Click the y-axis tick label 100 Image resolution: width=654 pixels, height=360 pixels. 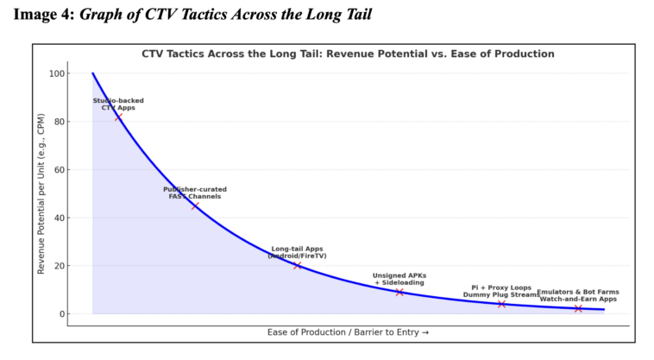coord(56,73)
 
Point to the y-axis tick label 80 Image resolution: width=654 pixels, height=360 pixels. coord(59,122)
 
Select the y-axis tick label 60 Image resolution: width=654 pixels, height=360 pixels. coord(59,169)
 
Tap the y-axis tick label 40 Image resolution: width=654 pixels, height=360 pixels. coord(59,218)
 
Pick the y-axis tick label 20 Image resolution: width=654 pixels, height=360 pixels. coord(59,266)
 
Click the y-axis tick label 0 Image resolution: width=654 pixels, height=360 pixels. coord(61,313)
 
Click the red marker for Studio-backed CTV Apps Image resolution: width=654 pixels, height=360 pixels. coord(119,117)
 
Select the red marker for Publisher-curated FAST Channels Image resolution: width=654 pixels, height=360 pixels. coord(195,205)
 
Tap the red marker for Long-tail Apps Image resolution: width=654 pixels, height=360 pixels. coord(298,265)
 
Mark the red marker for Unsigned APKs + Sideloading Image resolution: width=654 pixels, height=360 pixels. coord(399,293)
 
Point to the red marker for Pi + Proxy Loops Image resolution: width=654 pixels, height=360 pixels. coord(501,304)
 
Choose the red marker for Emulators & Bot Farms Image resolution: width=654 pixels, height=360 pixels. coord(578,308)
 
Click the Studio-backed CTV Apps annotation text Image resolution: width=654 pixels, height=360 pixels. coord(118,104)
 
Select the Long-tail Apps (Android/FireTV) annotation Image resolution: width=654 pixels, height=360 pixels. coord(297,252)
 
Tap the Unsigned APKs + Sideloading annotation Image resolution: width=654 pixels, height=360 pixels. coord(399,279)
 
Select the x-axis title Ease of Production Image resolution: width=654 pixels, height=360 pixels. coord(348,332)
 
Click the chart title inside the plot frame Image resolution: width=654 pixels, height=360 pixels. coord(348,54)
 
